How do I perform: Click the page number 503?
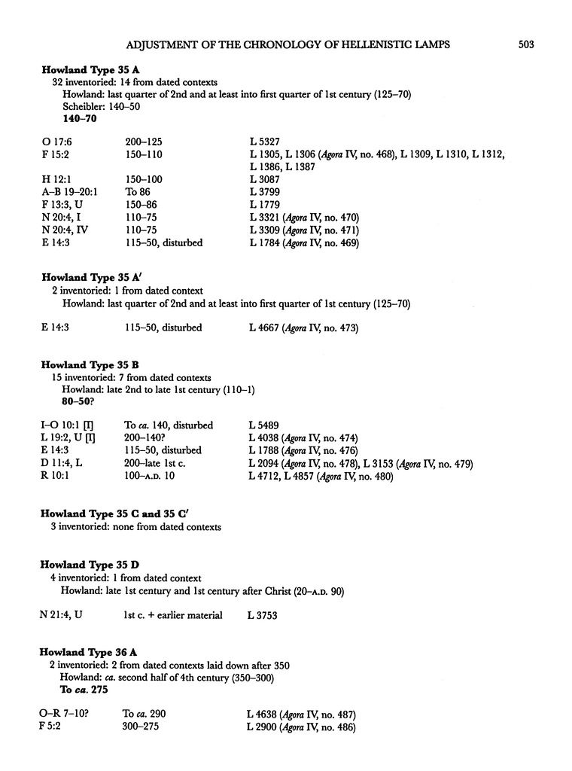click(x=525, y=45)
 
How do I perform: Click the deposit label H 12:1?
click(x=55, y=179)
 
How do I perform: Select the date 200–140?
click(x=148, y=437)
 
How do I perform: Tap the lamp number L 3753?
click(x=263, y=615)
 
